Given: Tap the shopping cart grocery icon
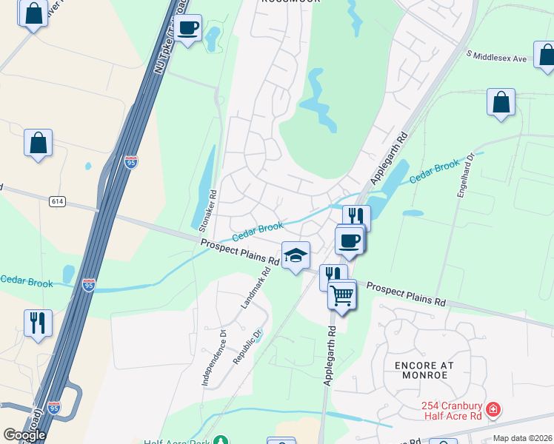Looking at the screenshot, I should coord(341,295).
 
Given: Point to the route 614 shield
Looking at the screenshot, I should coord(58,201).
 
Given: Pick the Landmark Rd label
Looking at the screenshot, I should coord(256,288).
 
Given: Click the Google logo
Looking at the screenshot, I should coord(24,435).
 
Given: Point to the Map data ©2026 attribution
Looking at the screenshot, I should coord(523,438).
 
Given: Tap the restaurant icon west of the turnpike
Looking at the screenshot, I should coord(38,323).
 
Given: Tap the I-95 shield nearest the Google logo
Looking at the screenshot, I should coord(53,407).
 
